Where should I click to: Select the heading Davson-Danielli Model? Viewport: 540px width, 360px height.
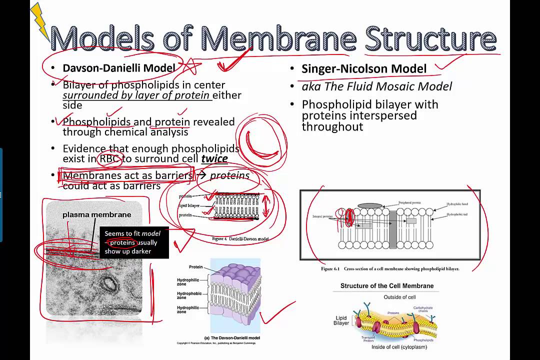[118, 68]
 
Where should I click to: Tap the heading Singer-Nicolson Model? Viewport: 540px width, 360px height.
[363, 69]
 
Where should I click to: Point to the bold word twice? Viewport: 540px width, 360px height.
[214, 159]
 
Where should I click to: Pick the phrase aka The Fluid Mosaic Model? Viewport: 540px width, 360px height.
[376, 86]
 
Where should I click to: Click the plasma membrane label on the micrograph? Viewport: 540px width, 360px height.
[96, 214]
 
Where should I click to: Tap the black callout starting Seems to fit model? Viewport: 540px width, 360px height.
[134, 242]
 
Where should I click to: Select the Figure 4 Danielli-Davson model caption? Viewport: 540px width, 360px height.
[240, 239]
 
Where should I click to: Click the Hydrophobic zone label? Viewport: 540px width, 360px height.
[188, 295]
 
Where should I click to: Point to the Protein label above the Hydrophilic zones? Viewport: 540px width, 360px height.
[195, 267]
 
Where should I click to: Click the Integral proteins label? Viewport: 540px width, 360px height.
[323, 216]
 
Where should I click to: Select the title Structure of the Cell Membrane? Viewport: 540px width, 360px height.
[387, 286]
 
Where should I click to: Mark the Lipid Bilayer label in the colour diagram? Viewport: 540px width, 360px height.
[341, 320]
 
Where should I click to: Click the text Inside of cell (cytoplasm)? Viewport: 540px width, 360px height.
[398, 347]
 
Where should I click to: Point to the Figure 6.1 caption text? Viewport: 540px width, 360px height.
[389, 269]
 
